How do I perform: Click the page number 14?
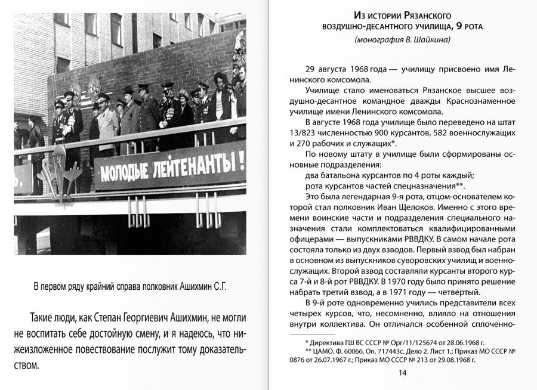(402, 373)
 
